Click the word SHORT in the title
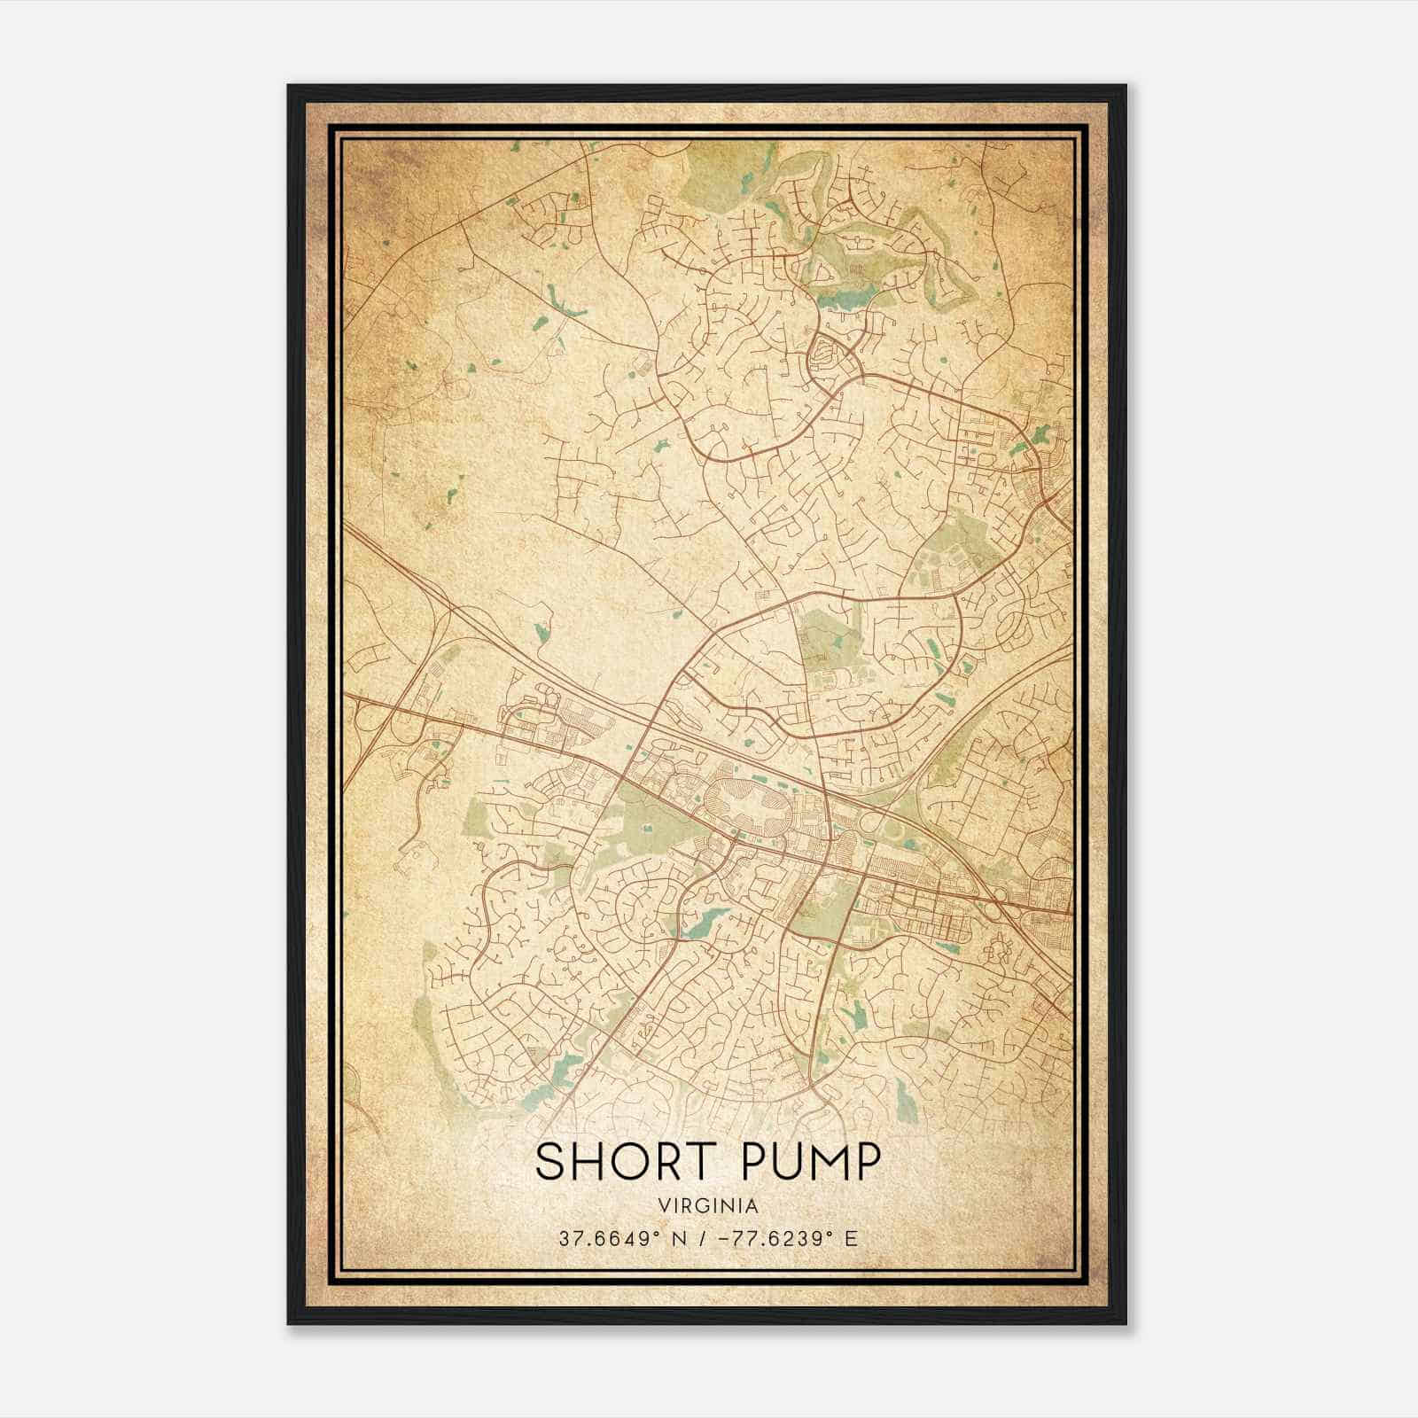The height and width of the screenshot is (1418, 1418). [619, 1162]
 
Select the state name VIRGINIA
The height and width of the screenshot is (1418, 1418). [708, 1205]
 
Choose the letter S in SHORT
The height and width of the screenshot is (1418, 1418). [550, 1162]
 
